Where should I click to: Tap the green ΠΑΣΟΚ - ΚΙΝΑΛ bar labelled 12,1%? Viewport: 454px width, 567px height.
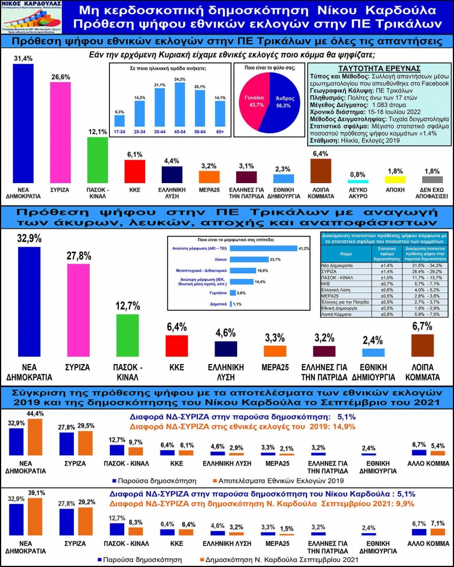point(98,159)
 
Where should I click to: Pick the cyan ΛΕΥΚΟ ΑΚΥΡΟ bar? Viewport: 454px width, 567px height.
point(358,181)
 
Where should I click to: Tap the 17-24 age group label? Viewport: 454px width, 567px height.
point(119,132)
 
